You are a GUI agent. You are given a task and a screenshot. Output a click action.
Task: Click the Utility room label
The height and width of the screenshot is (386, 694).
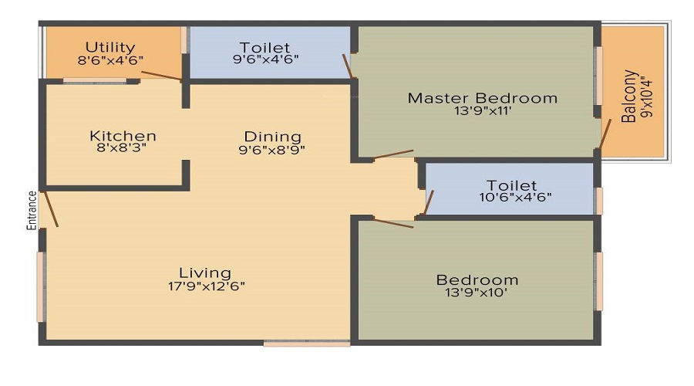pos(110,47)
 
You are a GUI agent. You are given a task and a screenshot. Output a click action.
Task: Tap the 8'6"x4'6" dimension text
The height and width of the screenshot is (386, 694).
pos(110,60)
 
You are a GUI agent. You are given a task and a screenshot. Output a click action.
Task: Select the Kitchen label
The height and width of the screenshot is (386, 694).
pos(123,136)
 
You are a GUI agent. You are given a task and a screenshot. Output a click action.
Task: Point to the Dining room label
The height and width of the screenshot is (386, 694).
pos(273,137)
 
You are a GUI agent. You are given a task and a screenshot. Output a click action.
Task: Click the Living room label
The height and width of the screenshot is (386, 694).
pos(205,273)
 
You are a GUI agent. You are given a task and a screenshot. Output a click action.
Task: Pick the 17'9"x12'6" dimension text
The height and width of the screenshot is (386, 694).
pos(206,286)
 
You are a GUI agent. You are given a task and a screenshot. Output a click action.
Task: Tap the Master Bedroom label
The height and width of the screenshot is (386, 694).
pos(483,98)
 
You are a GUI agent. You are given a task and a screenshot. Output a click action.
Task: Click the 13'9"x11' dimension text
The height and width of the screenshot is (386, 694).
pos(483,111)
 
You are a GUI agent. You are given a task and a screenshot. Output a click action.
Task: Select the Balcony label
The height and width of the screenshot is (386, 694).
pos(629,96)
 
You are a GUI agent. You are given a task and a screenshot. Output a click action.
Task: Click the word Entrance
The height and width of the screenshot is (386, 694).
pos(32,210)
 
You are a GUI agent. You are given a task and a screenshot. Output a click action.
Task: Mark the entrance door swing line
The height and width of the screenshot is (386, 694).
pos(51,209)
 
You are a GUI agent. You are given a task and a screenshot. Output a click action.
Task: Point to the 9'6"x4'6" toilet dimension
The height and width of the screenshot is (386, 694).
pos(265,59)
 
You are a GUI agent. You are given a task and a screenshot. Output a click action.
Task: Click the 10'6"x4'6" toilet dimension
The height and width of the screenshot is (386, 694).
pos(515,197)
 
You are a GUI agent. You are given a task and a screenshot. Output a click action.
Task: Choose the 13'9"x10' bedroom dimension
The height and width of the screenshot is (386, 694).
pos(477,293)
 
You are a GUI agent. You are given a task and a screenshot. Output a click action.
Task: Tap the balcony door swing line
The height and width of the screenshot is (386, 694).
pos(605,134)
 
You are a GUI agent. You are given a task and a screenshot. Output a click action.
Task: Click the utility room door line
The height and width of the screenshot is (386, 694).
pos(161,76)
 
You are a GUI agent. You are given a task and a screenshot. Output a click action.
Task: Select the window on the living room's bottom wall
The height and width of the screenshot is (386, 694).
pos(307,343)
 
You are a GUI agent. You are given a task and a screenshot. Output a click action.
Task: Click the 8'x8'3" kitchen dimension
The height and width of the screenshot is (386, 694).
pos(121,148)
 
